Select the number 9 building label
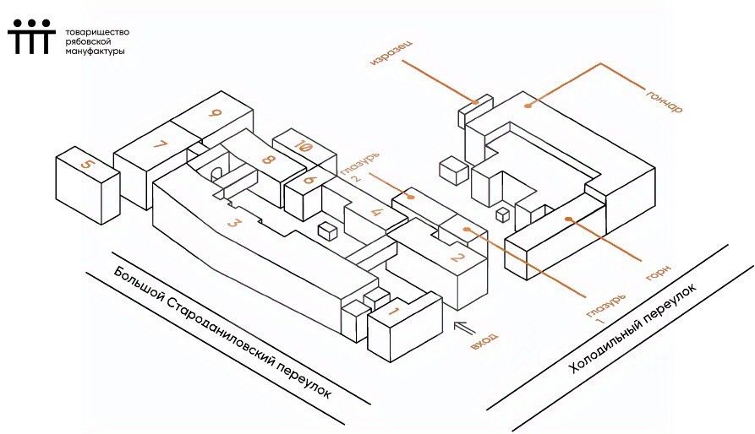coord(215,113)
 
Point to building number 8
coord(268,158)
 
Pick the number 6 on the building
coord(309,181)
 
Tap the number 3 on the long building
coord(233,223)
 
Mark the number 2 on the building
coord(457,258)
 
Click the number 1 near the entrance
coord(393,312)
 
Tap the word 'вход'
coord(484,341)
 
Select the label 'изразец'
coord(391,53)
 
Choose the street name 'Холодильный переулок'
coord(632,328)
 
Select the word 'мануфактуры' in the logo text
coord(95,51)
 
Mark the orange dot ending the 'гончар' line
coord(528,106)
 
